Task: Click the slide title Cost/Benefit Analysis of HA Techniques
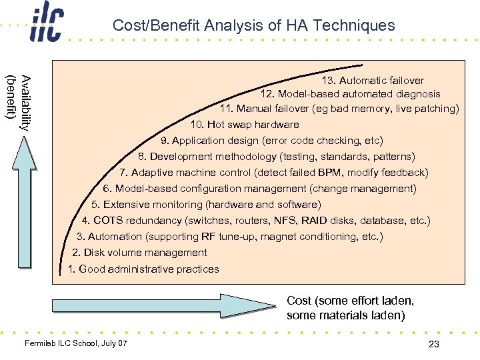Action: [253, 25]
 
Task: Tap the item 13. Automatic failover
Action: [373, 80]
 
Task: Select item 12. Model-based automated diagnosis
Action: [351, 94]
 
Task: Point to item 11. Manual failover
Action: [339, 109]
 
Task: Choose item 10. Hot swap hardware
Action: [245, 125]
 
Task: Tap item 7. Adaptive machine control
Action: [274, 173]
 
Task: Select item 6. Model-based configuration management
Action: [260, 189]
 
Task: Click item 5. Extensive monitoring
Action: [206, 205]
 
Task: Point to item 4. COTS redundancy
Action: [256, 221]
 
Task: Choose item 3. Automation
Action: [230, 237]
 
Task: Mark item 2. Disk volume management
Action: [139, 253]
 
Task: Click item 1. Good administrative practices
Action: [143, 269]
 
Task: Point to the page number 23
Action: [433, 343]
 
